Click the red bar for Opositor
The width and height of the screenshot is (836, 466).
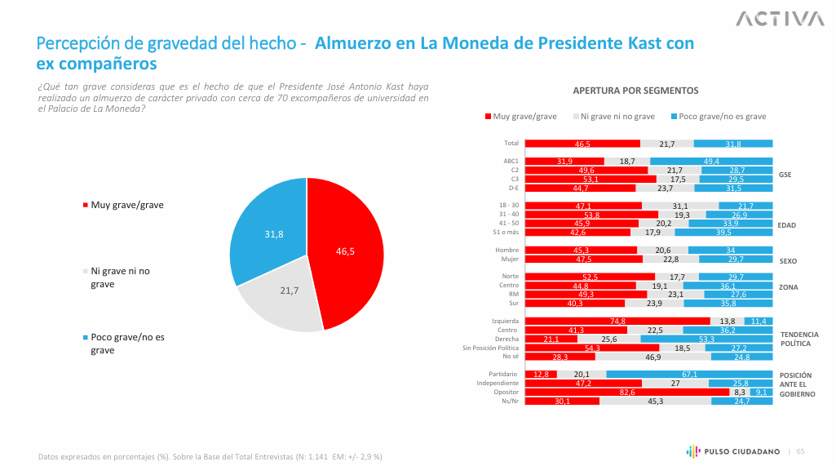[626, 392]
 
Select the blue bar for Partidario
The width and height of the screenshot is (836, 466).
[689, 374]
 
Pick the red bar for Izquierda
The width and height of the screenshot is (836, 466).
[617, 322]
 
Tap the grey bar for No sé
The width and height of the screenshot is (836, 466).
[652, 357]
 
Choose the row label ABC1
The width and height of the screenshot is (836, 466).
[511, 162]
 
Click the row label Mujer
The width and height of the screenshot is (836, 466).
[509, 260]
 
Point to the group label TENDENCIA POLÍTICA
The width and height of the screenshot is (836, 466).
[799, 339]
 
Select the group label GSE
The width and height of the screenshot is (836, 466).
[785, 175]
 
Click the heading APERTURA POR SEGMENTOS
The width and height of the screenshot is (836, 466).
[635, 91]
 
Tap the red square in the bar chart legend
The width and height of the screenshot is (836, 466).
[488, 117]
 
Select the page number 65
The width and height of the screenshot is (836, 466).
[800, 451]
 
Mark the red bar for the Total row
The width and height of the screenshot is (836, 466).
[582, 144]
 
